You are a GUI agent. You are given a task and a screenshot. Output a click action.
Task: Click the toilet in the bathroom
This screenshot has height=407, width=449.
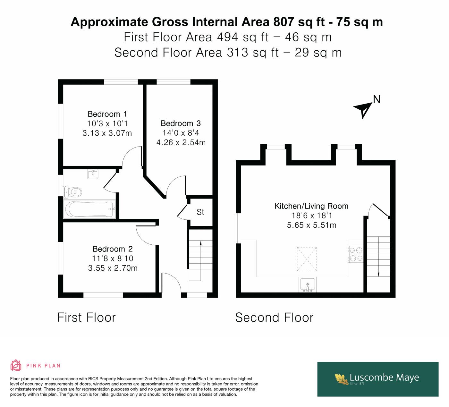[x=72, y=192]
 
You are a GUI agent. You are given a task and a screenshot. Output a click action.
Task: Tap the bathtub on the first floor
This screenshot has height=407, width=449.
[x=89, y=209]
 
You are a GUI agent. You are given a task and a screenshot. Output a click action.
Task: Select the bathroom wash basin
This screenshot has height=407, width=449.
[x=93, y=174]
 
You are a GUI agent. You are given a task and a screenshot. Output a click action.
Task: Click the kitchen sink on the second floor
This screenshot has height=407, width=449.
[x=308, y=285]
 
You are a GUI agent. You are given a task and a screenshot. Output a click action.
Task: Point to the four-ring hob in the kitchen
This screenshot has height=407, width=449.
[x=356, y=254]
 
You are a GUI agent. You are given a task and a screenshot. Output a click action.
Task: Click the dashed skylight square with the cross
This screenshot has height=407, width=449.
[x=307, y=259]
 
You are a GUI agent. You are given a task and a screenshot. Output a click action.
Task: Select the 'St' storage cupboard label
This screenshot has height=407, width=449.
[x=200, y=212]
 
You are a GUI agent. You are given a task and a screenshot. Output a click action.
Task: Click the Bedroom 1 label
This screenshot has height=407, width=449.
[x=107, y=114]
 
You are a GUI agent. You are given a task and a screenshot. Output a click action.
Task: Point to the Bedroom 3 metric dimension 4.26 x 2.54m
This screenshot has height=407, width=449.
[x=181, y=142]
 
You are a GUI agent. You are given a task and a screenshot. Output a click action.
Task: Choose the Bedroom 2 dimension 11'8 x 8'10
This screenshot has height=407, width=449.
[x=113, y=259]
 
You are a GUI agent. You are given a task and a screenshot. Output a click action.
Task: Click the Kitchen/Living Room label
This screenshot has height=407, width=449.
[x=311, y=206]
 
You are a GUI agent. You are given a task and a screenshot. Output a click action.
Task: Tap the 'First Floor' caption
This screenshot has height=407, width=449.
[x=86, y=318]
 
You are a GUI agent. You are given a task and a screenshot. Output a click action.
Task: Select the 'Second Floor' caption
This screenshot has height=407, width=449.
[x=274, y=318]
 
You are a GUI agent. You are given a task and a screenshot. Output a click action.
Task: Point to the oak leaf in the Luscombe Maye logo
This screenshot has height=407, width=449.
[x=342, y=379]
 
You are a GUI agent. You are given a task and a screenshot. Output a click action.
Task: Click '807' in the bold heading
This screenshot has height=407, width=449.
[x=283, y=22]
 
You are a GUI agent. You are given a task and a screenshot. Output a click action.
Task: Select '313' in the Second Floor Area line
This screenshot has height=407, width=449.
[x=237, y=52]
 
